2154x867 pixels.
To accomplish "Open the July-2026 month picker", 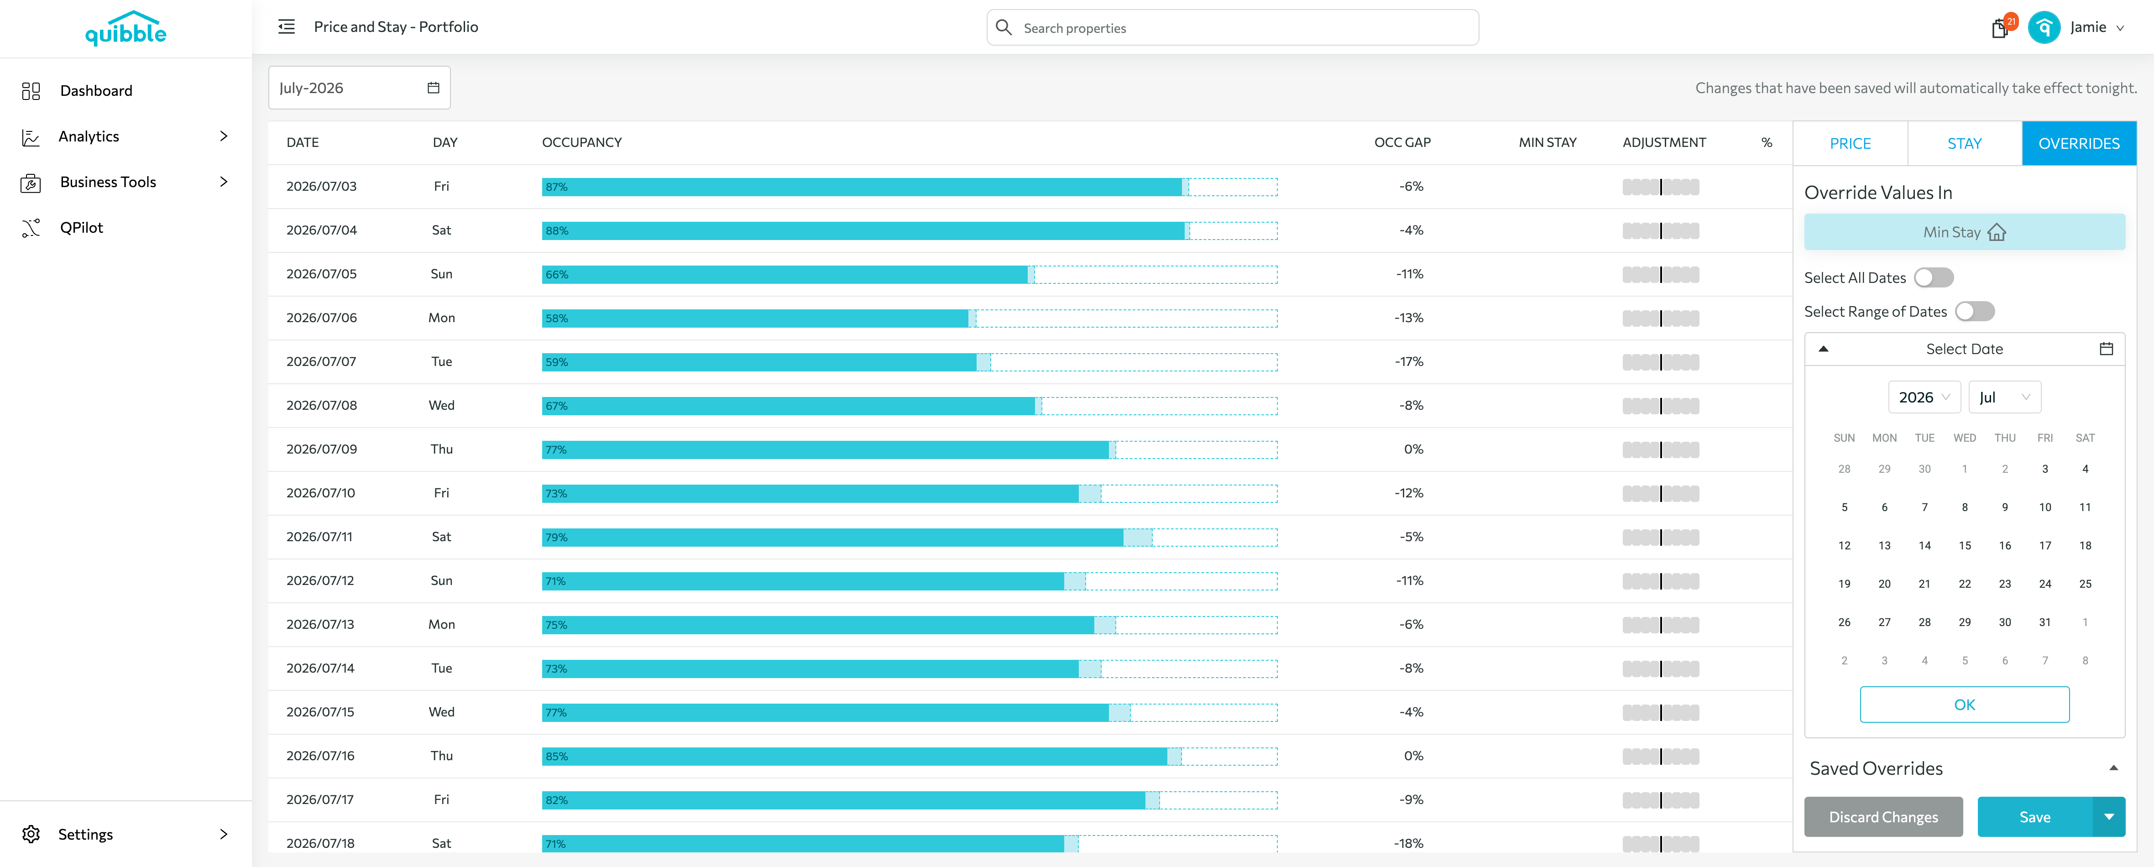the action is pyautogui.click(x=359, y=88).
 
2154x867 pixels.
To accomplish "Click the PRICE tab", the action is pyautogui.click(x=1850, y=143).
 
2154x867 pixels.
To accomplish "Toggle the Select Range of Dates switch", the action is pyautogui.click(x=1974, y=311).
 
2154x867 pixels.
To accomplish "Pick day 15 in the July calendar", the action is pyautogui.click(x=1964, y=545).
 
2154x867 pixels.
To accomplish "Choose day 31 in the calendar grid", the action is pyautogui.click(x=2044, y=622).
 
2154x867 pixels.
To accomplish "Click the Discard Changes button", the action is pyautogui.click(x=1883, y=817).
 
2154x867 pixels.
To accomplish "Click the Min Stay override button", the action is pyautogui.click(x=1964, y=232).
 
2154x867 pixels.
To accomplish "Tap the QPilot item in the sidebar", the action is pyautogui.click(x=81, y=227).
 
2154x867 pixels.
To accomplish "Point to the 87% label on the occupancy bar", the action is pyautogui.click(x=556, y=187).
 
